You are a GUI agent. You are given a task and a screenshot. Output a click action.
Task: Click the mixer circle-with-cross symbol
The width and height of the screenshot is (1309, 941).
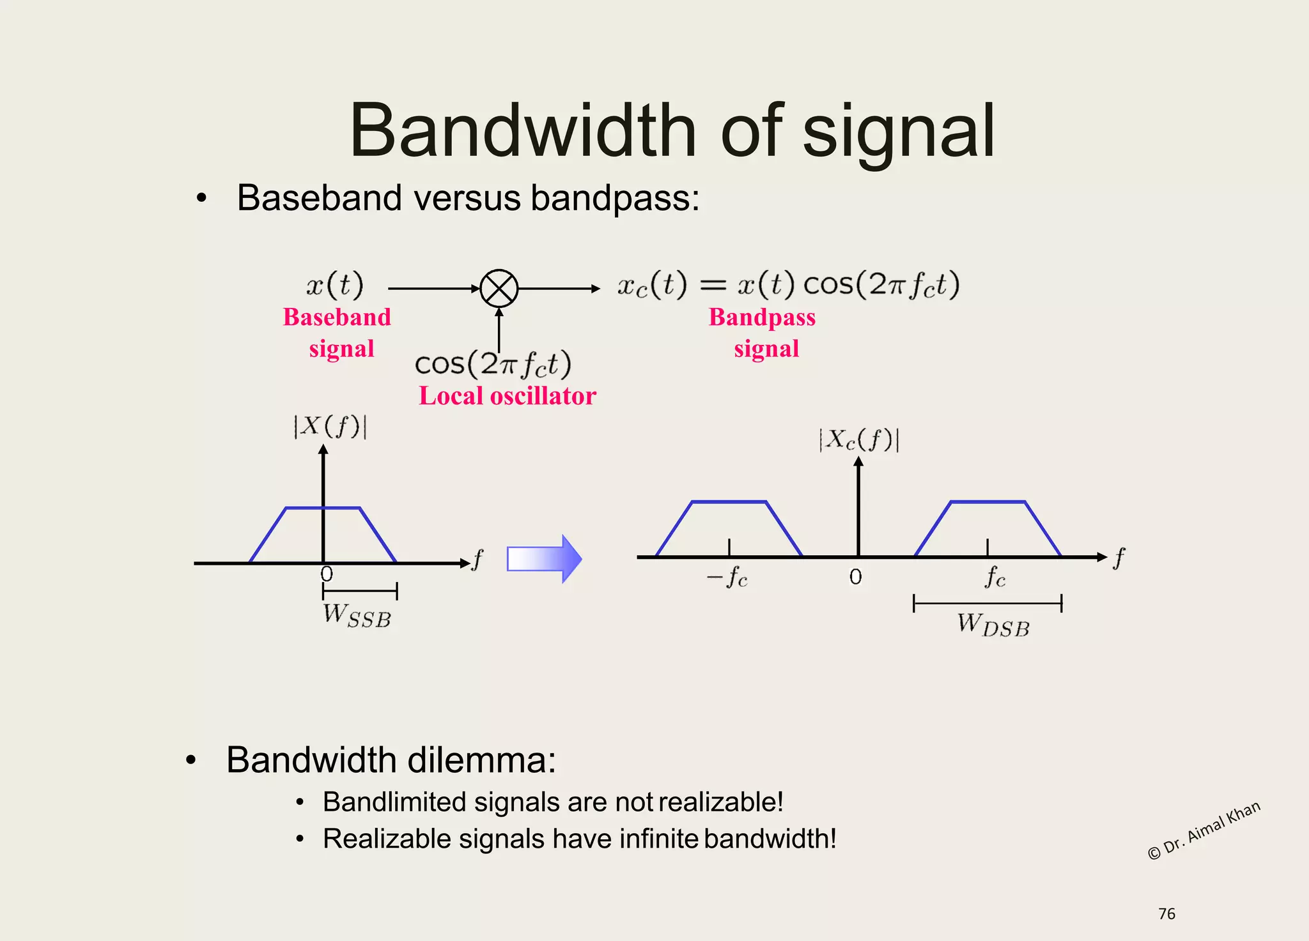499,289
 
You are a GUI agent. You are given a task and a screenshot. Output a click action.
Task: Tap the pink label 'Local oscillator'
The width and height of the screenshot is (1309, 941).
507,396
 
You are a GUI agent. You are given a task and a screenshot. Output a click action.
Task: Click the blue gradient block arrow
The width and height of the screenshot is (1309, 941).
544,559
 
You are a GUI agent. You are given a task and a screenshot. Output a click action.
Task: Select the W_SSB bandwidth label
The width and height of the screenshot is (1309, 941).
357,616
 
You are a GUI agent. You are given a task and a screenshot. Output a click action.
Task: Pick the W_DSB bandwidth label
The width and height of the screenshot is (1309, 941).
993,625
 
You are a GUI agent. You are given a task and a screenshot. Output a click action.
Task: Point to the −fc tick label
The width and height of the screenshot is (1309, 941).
727,578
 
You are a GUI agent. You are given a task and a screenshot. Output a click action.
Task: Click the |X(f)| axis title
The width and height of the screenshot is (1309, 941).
330,426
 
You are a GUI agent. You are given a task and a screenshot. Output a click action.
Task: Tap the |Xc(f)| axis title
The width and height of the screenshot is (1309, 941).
859,440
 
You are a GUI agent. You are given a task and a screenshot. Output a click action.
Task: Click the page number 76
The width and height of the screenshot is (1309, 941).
1166,914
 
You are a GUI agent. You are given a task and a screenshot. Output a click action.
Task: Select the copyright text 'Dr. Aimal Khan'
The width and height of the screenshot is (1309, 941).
1204,830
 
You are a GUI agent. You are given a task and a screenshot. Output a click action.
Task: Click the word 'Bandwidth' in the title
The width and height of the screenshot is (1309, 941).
522,131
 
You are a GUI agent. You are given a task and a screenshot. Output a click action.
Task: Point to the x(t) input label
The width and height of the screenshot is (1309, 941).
334,284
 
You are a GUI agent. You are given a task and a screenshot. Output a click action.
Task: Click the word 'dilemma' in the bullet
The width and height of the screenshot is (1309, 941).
481,760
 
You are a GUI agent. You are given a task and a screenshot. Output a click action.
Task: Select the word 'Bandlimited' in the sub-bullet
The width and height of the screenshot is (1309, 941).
394,802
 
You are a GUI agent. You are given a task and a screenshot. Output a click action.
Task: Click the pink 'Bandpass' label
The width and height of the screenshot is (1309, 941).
762,317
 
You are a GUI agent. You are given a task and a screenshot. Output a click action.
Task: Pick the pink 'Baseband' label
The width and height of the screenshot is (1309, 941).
337,317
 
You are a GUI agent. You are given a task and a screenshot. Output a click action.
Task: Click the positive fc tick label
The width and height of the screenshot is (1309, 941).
995,578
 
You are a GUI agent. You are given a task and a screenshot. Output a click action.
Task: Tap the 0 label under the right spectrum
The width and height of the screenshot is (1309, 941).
856,577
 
